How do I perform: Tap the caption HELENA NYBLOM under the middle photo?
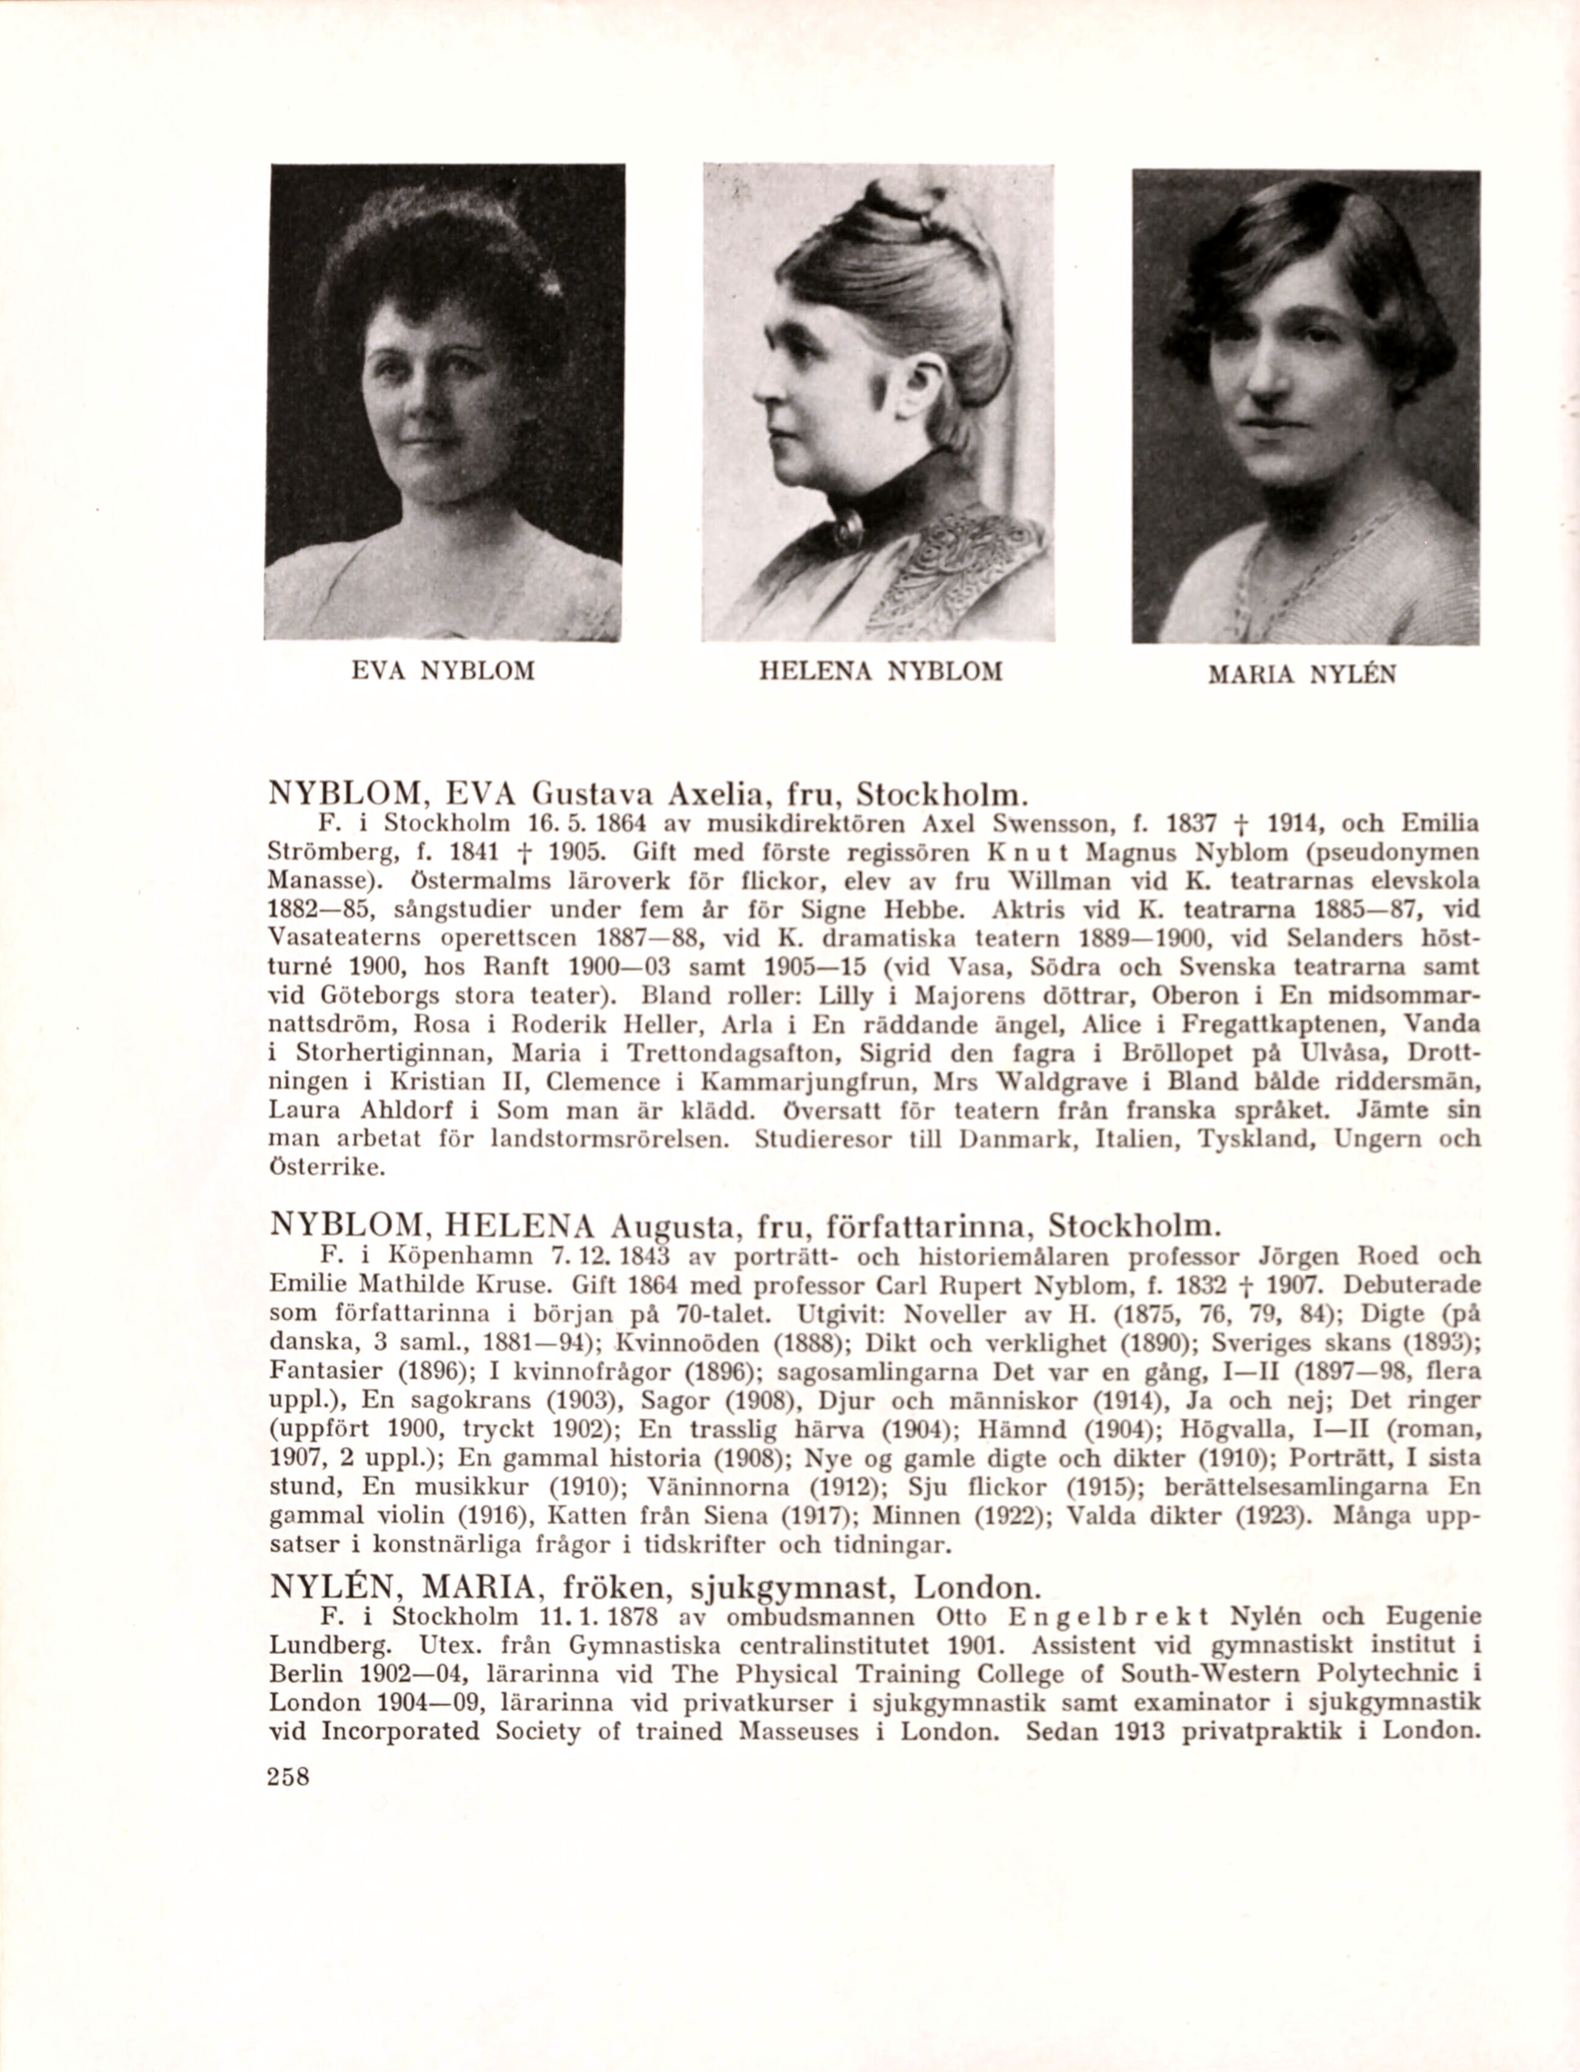click(880, 671)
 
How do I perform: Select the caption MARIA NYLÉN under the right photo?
click(1302, 674)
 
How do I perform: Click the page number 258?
click(288, 1777)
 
